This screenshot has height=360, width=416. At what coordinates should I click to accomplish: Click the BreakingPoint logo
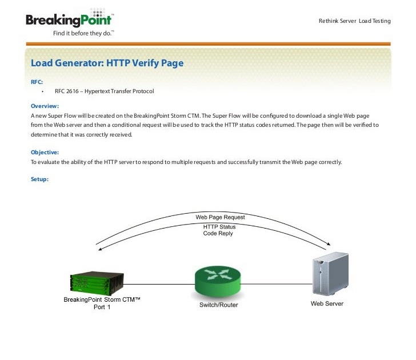[69, 20]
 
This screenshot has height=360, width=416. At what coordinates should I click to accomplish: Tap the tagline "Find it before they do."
[83, 33]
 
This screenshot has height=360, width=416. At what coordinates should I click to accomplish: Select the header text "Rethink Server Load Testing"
[354, 21]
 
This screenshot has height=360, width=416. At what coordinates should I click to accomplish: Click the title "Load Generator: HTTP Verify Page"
[107, 63]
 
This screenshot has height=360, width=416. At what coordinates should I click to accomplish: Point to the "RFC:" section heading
[37, 82]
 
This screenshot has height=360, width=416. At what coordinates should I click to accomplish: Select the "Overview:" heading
[45, 106]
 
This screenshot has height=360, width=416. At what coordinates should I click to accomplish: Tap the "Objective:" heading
[45, 153]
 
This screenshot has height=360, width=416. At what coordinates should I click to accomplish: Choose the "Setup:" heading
[39, 179]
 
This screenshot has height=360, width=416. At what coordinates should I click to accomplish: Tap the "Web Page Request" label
[220, 217]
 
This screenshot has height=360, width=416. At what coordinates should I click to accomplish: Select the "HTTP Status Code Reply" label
[219, 230]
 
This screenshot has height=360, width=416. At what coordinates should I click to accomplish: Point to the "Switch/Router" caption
[218, 305]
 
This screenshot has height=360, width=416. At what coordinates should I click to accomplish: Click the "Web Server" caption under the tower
[327, 303]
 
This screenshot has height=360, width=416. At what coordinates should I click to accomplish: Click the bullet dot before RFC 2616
[43, 91]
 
